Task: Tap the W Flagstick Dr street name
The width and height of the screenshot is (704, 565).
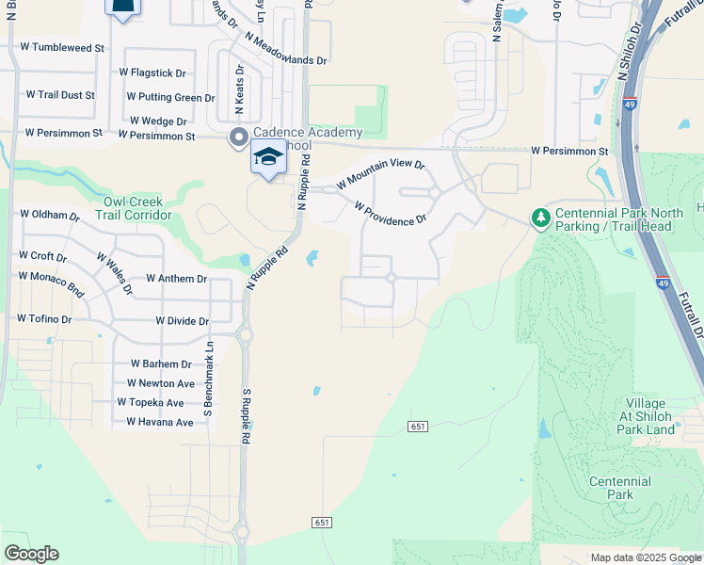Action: pos(152,73)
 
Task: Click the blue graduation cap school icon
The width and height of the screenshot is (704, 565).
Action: pos(268,157)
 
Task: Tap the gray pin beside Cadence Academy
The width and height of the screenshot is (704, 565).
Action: pos(238,137)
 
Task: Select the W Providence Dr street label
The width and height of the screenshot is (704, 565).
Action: pos(391,214)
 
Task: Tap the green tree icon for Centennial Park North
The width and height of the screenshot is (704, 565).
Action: pos(540,218)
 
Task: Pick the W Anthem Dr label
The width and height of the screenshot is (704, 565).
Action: pos(177,279)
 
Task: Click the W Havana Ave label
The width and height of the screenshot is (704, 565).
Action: pos(160,422)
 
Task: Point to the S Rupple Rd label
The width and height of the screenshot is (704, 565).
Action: pos(246,416)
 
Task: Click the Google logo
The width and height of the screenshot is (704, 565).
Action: pos(31,554)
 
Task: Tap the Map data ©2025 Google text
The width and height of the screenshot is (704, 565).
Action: pos(645,557)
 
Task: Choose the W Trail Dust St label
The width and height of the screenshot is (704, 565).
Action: pos(60,95)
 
